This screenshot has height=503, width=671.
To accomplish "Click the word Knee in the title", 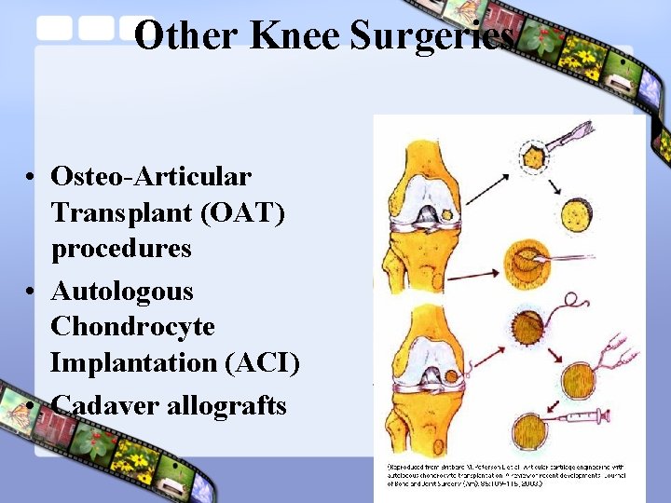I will click(283, 35).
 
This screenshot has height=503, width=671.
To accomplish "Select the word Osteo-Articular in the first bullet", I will click(151, 176).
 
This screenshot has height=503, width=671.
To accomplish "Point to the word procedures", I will click(121, 249).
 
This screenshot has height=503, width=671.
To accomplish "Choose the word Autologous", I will click(122, 292).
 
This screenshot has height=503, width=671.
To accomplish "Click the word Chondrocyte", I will click(132, 327).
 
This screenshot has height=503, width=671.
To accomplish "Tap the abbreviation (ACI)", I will click(262, 362).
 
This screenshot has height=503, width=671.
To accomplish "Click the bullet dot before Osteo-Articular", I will click(32, 177).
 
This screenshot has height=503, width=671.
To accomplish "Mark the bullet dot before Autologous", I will click(32, 292).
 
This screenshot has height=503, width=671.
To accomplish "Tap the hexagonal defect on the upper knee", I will click(446, 215).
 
